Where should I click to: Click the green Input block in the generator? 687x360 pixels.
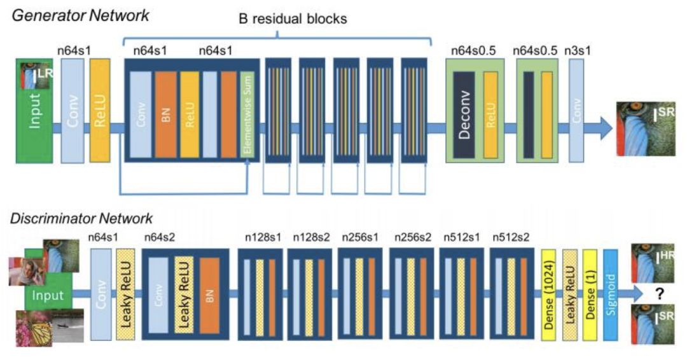[34, 114]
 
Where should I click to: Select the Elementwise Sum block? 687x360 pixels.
[248, 114]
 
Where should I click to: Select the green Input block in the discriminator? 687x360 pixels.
[48, 294]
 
